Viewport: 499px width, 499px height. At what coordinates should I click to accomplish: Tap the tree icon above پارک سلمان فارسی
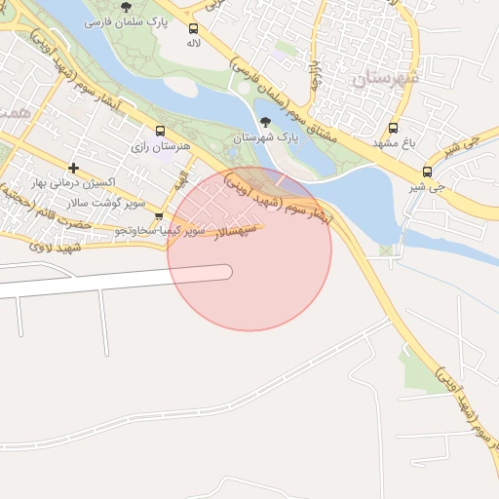[126, 7]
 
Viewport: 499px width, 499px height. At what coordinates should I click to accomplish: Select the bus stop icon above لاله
[193, 29]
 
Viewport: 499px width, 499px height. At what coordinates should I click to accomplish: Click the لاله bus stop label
[194, 44]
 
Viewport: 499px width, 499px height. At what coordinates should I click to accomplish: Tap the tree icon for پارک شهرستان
[265, 123]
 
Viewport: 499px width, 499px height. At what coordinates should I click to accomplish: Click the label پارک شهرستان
[264, 138]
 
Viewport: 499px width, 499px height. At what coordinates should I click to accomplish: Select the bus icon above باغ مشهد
[394, 128]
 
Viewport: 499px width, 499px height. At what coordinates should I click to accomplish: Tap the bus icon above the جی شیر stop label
[427, 172]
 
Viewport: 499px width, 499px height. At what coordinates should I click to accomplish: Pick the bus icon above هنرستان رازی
[160, 131]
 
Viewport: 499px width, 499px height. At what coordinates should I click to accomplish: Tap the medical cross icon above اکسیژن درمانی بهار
[73, 169]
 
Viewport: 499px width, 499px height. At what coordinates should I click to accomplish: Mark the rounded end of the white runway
[226, 272]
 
